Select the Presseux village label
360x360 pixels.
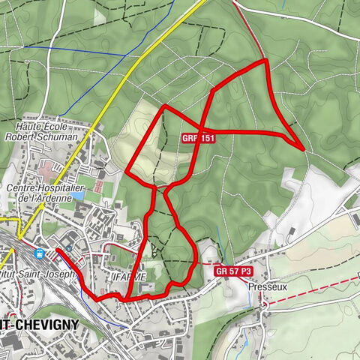click(267, 285)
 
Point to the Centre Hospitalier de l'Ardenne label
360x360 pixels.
click(46, 193)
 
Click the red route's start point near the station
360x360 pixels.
click(57, 249)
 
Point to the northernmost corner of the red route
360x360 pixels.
click(265, 60)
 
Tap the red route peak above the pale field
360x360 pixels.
click(164, 106)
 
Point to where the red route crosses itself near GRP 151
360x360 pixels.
click(199, 130)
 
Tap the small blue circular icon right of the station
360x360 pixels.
click(68, 247)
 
